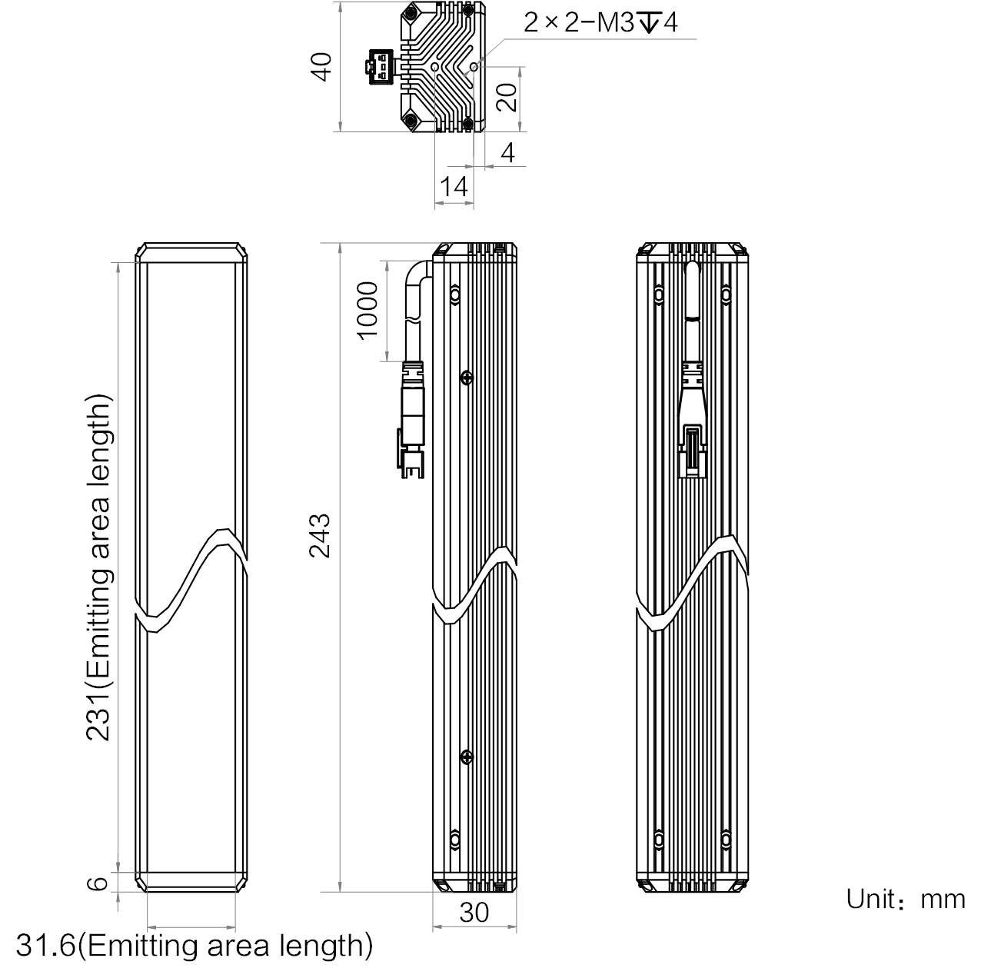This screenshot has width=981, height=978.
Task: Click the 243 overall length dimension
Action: tap(321, 536)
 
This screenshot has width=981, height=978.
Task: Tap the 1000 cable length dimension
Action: tap(367, 311)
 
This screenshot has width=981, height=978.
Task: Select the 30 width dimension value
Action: tap(474, 913)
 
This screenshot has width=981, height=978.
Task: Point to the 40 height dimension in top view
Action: tap(321, 66)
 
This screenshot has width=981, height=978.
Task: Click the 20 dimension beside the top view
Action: tap(507, 98)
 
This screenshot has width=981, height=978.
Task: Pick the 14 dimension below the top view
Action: tap(454, 186)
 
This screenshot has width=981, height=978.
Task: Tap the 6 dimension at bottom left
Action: tap(98, 883)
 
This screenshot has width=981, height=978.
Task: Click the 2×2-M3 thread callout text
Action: tap(600, 22)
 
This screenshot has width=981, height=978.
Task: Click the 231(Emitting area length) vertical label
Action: tap(98, 567)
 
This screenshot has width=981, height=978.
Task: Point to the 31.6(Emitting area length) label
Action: tap(195, 946)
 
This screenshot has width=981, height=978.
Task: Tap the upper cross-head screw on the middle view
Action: tap(467, 378)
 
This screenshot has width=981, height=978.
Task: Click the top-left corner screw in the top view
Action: tap(411, 12)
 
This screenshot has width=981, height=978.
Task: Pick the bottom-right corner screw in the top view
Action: tap(468, 123)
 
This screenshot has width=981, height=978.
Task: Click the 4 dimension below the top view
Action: tap(507, 152)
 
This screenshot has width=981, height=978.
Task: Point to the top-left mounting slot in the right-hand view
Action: tap(659, 294)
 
